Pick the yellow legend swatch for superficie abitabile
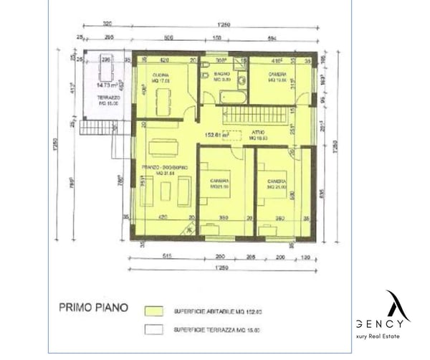(153, 312)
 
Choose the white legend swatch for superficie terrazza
(153, 329)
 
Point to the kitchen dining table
(163, 103)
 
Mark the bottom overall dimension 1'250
(223, 268)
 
